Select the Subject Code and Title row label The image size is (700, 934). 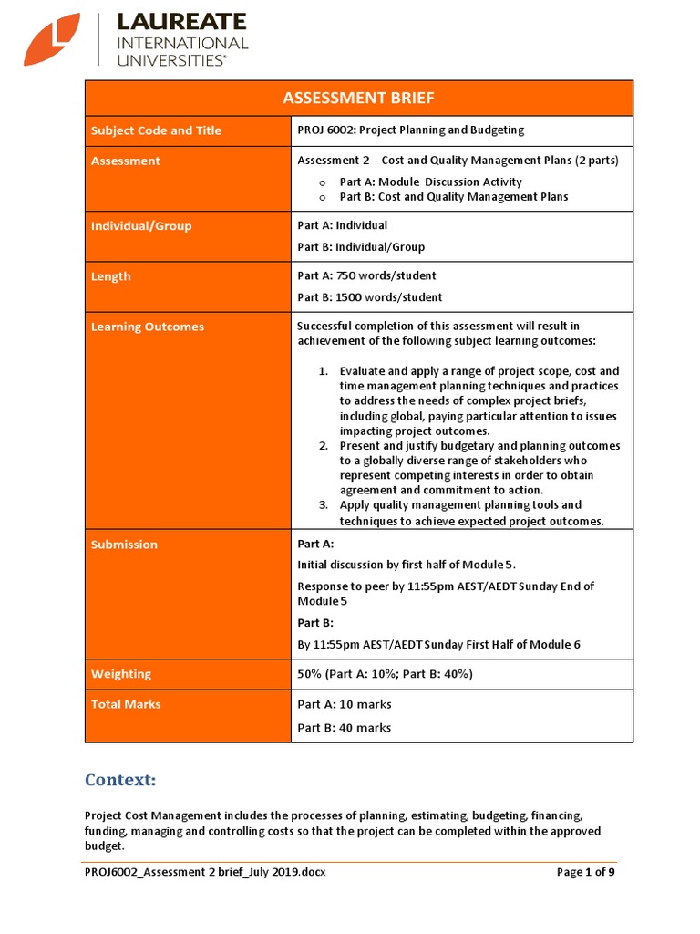(156, 130)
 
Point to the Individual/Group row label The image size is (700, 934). (141, 226)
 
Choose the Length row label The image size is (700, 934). (111, 276)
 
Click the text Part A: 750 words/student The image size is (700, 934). (366, 276)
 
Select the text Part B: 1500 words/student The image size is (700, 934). (370, 297)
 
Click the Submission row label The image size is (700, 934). (124, 545)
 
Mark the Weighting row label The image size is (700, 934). (121, 674)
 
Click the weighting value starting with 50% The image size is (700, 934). (385, 674)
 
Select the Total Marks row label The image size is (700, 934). (126, 704)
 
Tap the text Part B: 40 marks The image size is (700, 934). (345, 728)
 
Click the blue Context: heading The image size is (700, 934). (120, 780)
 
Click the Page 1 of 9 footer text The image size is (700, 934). (586, 872)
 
